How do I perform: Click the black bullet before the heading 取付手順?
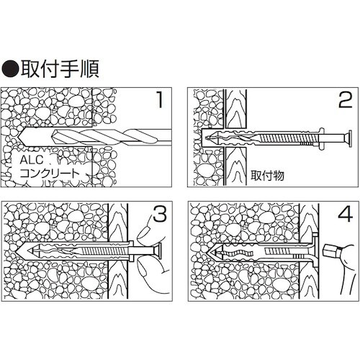pyautogui.click(x=12, y=69)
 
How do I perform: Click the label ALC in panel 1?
pyautogui.click(x=32, y=161)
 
